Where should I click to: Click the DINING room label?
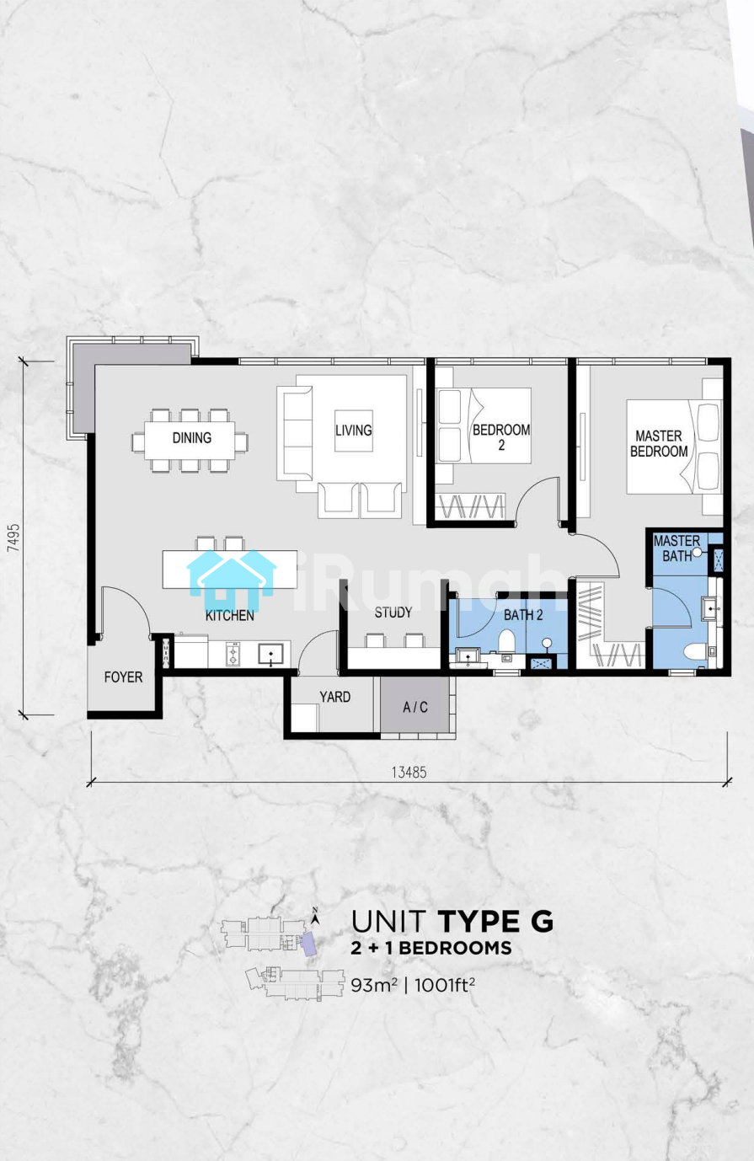tap(192, 438)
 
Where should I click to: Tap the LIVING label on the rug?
tap(354, 431)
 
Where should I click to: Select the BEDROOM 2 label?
tap(501, 437)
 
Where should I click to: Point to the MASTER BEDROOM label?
tap(659, 444)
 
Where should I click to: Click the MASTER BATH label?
tap(676, 548)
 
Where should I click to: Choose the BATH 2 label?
tap(523, 615)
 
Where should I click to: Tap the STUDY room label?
tap(393, 613)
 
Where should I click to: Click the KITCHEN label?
tap(229, 616)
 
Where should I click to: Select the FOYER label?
tap(123, 677)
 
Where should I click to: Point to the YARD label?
tap(334, 697)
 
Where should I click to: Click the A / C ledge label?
tap(415, 707)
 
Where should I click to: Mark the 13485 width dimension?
tap(409, 773)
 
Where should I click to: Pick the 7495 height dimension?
tap(13, 538)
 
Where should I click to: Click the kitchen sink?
tap(270, 655)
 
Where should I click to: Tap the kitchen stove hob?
tap(233, 654)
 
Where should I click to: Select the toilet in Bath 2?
tap(506, 641)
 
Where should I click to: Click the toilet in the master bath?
tap(694, 651)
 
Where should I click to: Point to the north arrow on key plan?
tap(314, 917)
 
